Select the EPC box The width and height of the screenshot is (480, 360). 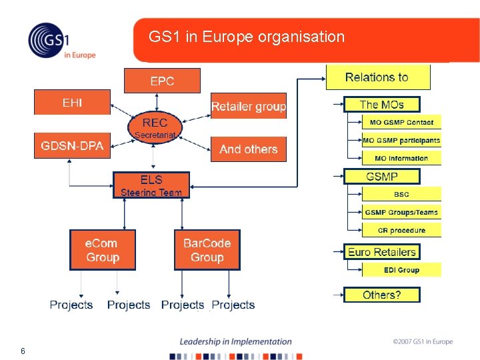162,81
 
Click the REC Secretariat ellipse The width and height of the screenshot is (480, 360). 155,127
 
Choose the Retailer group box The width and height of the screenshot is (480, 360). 248,106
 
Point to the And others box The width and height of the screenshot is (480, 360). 248,149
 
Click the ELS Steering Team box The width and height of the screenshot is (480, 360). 151,185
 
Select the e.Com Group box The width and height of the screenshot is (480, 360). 103,250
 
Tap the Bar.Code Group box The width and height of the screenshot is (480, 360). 207,250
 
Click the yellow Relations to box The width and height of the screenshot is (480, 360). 377,77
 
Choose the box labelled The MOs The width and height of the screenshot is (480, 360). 382,105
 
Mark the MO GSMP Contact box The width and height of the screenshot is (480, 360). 401,123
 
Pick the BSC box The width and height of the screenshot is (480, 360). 401,195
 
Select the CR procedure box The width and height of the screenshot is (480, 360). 401,231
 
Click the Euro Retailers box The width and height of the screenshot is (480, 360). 382,252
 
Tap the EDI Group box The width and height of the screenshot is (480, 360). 401,270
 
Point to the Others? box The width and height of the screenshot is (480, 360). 382,295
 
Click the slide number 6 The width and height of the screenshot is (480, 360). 23,351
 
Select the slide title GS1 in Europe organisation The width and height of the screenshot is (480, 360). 247,37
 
